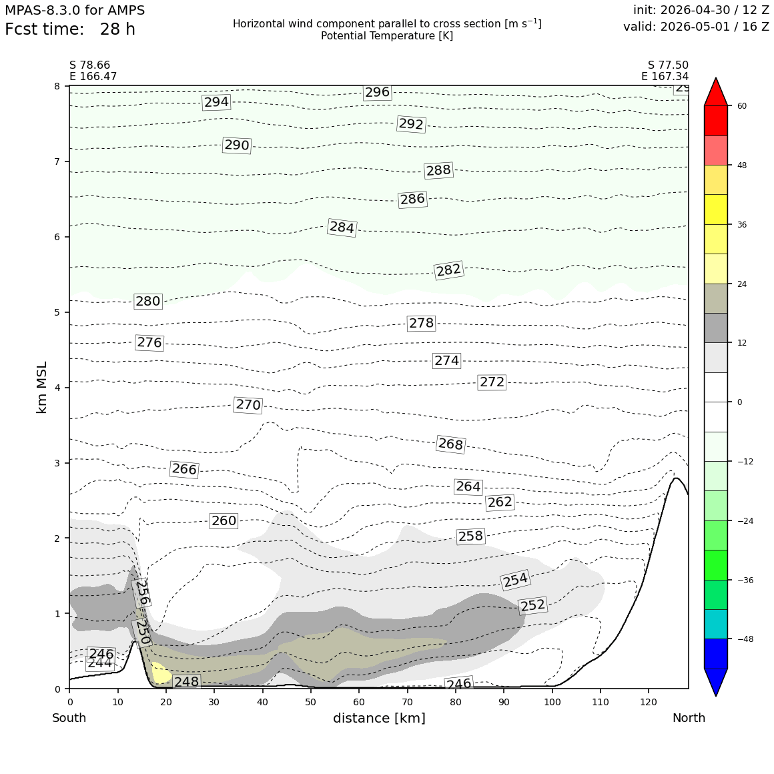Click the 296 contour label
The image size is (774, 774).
point(378,92)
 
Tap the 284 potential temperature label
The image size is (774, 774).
point(342,227)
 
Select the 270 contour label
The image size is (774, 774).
point(248,405)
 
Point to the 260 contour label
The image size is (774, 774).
point(224,520)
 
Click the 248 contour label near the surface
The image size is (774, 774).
point(187,682)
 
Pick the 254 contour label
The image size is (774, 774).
point(515,580)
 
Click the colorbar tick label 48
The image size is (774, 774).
point(742,165)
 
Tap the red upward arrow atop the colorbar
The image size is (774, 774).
point(716,92)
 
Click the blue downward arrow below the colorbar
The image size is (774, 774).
point(716,682)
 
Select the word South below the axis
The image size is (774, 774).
point(69,718)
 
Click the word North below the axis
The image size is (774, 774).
point(689,718)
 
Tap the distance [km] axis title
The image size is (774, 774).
point(379,718)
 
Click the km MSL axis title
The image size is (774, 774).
point(42,388)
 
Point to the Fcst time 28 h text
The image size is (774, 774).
point(70,29)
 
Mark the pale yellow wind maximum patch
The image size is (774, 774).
point(160,673)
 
